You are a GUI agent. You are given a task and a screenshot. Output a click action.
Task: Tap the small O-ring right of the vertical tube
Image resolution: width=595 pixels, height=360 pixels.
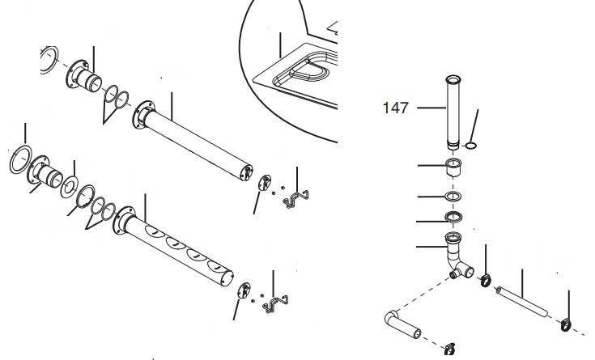click(471, 146)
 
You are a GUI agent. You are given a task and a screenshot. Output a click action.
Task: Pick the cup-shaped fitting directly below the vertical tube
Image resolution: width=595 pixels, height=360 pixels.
click(454, 170)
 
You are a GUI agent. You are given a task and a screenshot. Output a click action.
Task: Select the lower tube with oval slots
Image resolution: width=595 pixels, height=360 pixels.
click(178, 248)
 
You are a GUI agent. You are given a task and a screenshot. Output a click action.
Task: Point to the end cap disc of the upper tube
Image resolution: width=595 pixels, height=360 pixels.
click(263, 183)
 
